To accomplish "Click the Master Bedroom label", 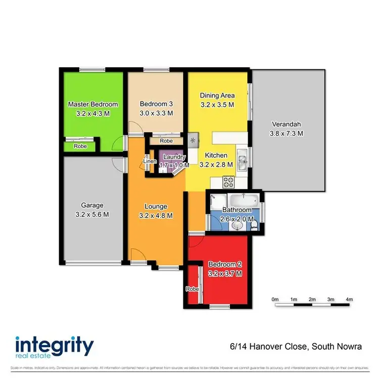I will click(x=93, y=105).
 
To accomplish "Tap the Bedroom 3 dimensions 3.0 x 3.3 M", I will click(x=156, y=113).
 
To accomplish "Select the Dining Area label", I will click(x=217, y=95).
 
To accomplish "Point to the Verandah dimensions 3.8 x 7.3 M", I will click(x=286, y=133).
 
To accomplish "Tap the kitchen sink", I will click(x=243, y=162).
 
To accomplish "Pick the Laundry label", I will click(x=174, y=157).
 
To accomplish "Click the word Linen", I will click(x=150, y=162).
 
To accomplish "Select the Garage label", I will click(x=92, y=205).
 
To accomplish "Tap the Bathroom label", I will click(x=237, y=210).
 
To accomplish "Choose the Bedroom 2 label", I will click(x=225, y=264).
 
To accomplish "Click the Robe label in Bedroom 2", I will click(x=192, y=289).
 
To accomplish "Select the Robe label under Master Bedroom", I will click(x=80, y=146).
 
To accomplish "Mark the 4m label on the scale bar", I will click(x=349, y=300).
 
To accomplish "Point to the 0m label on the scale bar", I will click(x=275, y=300).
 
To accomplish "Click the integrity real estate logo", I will click(x=54, y=349).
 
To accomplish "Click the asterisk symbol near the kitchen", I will click(x=193, y=138).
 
